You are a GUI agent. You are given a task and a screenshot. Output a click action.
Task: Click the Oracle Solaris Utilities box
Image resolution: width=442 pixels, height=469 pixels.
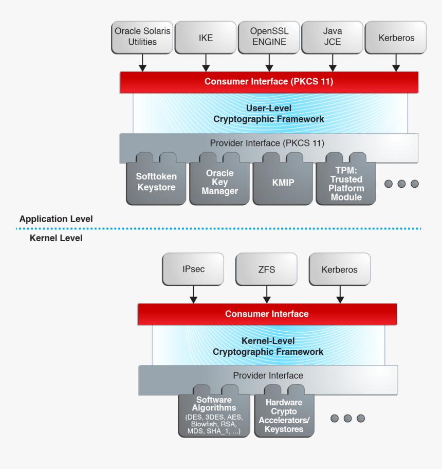142,37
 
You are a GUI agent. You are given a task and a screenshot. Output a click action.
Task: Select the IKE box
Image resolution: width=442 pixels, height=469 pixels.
206,37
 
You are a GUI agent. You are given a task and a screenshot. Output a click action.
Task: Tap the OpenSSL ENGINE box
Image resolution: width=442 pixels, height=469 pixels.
269,37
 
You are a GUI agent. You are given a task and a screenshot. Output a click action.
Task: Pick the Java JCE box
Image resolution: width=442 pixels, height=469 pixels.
332,37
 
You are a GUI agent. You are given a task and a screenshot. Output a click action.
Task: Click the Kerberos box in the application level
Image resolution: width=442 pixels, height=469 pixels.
396,37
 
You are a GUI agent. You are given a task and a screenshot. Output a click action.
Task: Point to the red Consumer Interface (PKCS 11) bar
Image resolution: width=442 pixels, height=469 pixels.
269,82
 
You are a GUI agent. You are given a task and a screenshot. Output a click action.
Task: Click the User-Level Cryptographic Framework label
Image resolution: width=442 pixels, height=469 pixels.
269,114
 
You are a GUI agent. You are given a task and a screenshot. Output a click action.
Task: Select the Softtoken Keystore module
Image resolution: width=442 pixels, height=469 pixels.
156,182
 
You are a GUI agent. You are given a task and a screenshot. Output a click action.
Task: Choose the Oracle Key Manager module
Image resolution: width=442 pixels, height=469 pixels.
219,182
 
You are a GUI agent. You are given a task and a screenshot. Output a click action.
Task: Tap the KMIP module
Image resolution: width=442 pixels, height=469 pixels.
283,183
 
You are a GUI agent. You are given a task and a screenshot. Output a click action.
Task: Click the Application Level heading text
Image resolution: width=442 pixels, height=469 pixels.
56,219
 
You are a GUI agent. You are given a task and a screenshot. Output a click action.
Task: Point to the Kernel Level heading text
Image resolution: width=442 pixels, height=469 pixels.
56,238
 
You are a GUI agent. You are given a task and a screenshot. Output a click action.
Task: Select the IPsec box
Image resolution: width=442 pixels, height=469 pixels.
193,269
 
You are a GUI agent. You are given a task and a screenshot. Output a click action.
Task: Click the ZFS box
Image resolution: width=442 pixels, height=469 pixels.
266,269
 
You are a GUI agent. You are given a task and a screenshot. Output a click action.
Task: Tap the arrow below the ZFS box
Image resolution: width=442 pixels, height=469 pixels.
266,295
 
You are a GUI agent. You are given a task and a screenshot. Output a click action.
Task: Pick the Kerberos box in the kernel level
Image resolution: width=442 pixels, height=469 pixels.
339,269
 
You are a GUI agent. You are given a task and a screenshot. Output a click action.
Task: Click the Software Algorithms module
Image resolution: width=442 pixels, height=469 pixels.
214,416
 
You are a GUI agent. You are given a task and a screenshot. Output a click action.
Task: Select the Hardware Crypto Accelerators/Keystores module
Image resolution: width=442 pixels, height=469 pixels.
284,416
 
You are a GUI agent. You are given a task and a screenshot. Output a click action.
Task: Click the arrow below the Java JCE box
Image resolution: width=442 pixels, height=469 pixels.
333,63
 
